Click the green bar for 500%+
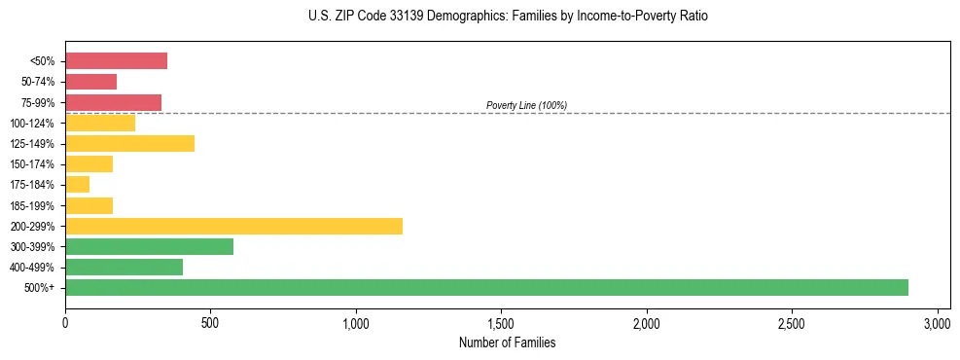click(486, 287)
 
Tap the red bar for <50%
click(116, 61)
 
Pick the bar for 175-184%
click(77, 184)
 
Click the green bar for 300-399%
click(149, 246)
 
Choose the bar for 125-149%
click(129, 143)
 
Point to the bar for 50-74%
click(90, 82)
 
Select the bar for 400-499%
click(124, 267)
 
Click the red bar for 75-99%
click(113, 102)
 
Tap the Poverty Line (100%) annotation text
click(526, 105)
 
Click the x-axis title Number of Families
click(507, 342)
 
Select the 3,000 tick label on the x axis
click(937, 322)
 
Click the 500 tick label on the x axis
click(210, 322)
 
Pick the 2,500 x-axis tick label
click(792, 322)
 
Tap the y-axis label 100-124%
click(32, 124)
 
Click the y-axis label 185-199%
click(32, 205)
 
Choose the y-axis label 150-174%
click(32, 164)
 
